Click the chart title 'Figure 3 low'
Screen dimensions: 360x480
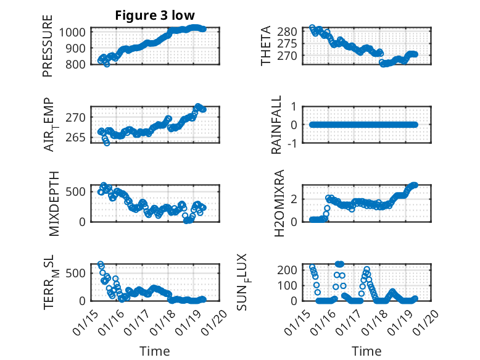(156, 15)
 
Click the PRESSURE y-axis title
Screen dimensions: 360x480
(48, 50)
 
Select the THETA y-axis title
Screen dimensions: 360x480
(266, 46)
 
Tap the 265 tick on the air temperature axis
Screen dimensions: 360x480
(80, 137)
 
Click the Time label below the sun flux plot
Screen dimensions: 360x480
(366, 351)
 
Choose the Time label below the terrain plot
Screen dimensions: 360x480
(155, 351)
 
